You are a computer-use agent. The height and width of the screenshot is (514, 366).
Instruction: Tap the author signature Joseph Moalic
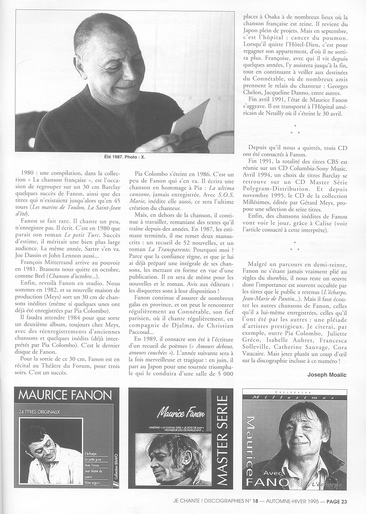point(327,374)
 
